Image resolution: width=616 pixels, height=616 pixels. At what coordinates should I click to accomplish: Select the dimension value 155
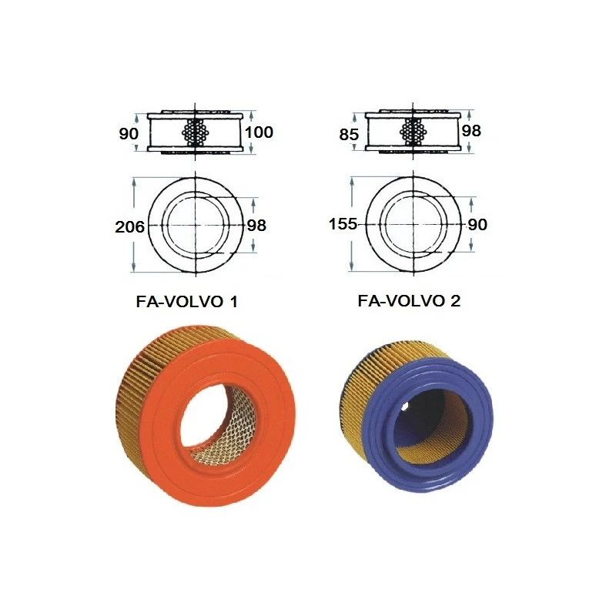343,225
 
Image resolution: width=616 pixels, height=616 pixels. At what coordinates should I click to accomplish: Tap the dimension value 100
259,132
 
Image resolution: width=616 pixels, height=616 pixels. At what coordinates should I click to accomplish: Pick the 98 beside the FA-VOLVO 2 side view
471,131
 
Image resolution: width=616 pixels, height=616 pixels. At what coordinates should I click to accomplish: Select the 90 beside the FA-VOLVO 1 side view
129,134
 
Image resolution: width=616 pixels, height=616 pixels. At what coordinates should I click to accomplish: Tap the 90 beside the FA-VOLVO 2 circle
477,225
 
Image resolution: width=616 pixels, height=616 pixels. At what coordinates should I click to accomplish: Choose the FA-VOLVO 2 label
410,300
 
